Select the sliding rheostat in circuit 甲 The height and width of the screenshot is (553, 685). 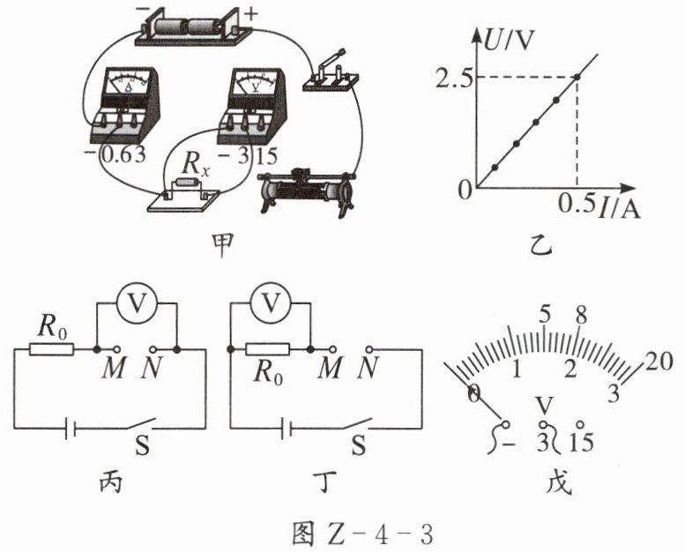coord(306,192)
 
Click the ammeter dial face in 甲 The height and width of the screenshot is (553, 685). coord(129,83)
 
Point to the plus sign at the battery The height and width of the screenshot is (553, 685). coord(250,14)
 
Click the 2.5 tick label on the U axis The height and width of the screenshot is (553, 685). coord(453,78)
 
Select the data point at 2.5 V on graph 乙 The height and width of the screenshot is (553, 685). coord(577,77)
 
